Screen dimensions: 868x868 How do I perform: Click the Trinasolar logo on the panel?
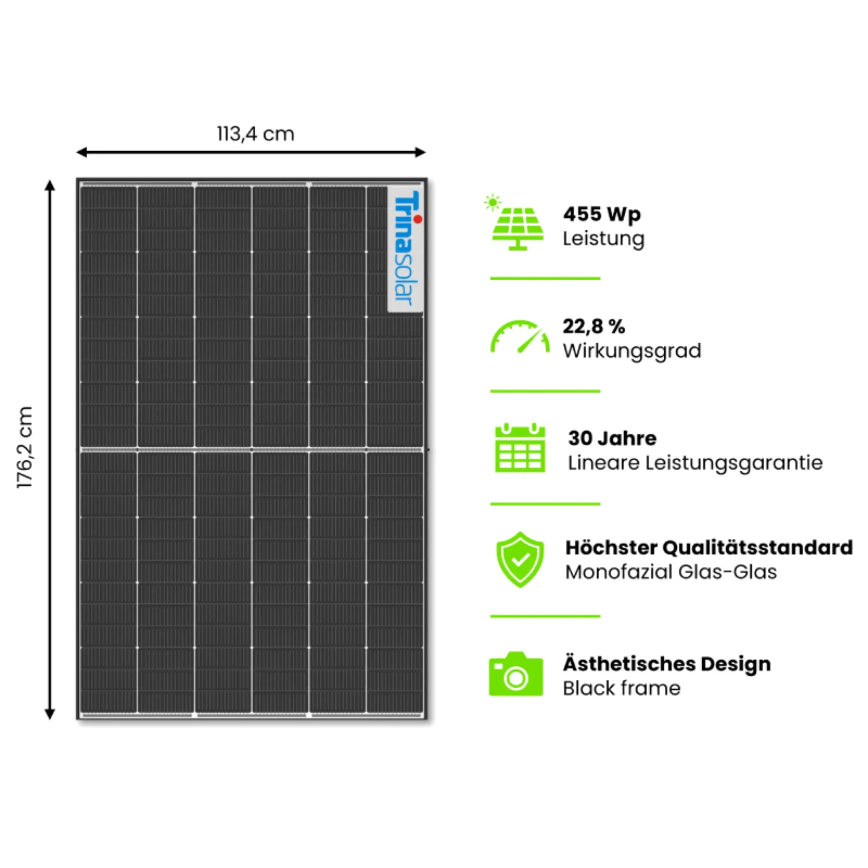click(405, 250)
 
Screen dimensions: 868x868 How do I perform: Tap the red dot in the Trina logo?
click(418, 219)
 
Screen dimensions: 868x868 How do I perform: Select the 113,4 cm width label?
click(256, 134)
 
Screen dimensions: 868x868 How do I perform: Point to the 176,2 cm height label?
click(26, 447)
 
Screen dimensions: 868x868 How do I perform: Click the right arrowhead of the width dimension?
click(421, 152)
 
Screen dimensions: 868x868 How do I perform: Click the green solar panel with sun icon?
click(517, 223)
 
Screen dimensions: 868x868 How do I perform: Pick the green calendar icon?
click(520, 448)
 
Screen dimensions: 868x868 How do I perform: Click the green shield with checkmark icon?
click(520, 560)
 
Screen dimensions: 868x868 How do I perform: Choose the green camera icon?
click(516, 674)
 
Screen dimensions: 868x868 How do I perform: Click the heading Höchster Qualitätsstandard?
click(708, 548)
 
